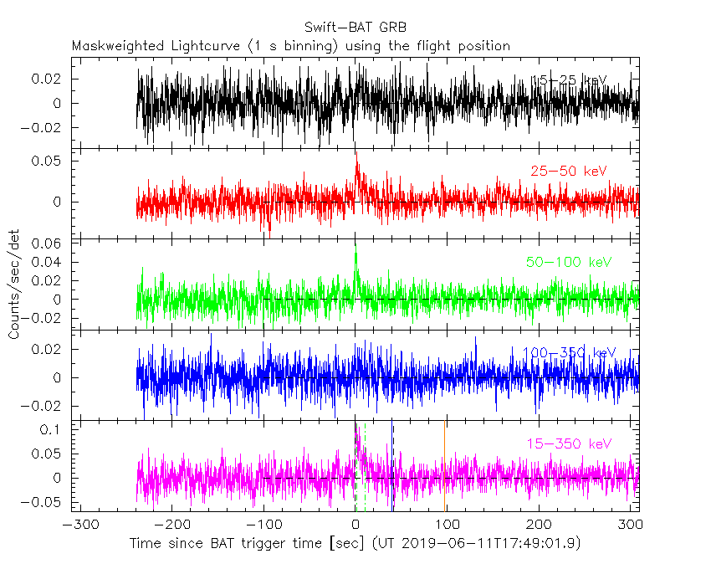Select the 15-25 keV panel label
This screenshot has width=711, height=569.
[x=570, y=80]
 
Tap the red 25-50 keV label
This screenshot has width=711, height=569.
[x=569, y=172]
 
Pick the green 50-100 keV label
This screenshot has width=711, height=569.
[x=569, y=263]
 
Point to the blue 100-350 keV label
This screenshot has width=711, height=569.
[x=569, y=353]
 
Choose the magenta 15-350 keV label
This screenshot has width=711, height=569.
[x=569, y=443]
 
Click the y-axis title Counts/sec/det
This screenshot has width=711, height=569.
[x=14, y=284]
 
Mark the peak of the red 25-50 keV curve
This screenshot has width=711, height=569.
[x=356, y=151]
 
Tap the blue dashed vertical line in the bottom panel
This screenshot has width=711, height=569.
[x=393, y=469]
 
